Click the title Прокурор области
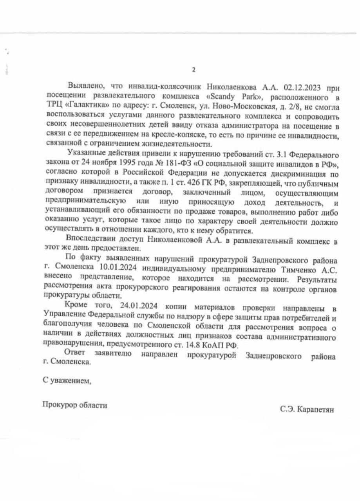pyautogui.click(x=75, y=405)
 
